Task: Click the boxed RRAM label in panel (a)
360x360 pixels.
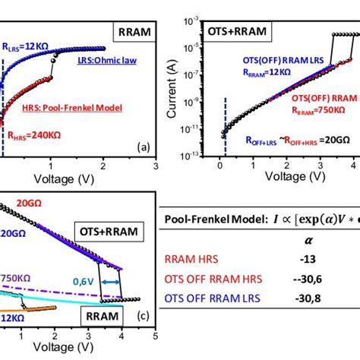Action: [132, 33]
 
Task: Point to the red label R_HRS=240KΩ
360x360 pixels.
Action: [34, 137]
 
